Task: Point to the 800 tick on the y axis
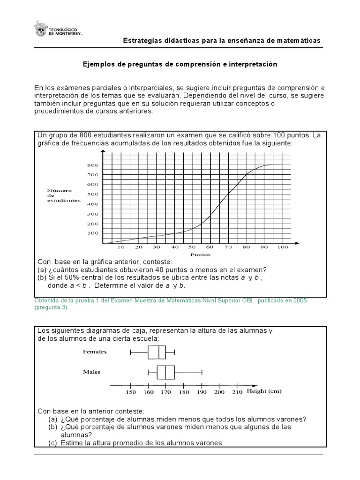(x=92, y=165)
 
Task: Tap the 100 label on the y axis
(x=92, y=233)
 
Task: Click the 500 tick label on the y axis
(x=92, y=194)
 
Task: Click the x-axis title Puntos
(x=200, y=255)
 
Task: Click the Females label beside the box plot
(x=95, y=351)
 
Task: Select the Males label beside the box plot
(x=92, y=372)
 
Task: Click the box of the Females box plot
(x=157, y=352)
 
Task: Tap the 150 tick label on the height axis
(x=131, y=392)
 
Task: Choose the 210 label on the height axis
(x=237, y=392)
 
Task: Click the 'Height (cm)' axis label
(x=264, y=391)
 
